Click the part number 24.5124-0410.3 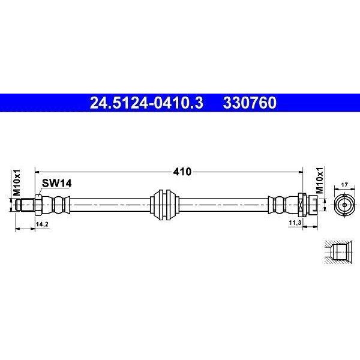(146, 103)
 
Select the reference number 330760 (250, 103)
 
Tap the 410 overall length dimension (182, 172)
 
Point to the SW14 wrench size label (57, 183)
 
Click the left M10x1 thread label (17, 182)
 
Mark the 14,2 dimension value (42, 224)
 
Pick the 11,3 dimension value (295, 223)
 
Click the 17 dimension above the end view (344, 185)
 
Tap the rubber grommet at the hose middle (164, 205)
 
